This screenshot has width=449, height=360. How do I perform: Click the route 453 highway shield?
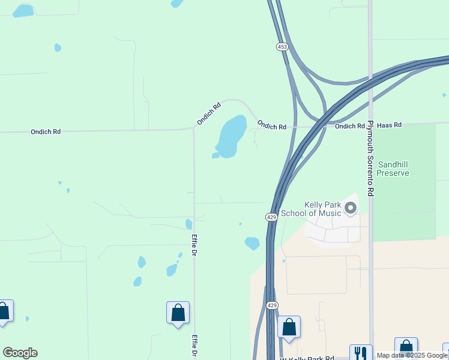coord(282,46)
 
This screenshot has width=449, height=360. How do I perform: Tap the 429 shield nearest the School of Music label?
coord(271,217)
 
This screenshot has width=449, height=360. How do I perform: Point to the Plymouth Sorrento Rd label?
coord(371,158)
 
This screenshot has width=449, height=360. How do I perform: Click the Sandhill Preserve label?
coord(394,168)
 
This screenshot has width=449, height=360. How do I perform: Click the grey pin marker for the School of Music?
coord(351,208)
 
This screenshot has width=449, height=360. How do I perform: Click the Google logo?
coord(20,353)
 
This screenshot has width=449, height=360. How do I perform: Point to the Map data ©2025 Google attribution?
coord(412,355)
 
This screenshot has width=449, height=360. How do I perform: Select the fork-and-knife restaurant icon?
coord(360,353)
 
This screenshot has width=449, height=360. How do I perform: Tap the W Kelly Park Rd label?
coord(307,358)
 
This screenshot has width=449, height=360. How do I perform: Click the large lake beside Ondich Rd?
coord(231,136)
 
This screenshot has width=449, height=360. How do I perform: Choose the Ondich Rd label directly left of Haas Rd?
coord(350,126)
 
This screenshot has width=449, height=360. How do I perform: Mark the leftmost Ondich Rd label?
coord(46,131)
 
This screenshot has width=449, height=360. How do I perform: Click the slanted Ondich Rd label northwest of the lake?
coord(209,114)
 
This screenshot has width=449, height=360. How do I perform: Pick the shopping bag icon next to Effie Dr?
coord(178,313)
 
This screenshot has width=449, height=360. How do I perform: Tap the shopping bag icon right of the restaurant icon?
coord(406,347)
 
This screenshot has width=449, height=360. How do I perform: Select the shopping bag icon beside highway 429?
coord(289,327)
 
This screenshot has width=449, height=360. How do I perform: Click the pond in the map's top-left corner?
coord(23,11)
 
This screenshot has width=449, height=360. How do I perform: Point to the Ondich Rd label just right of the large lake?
coord(271,125)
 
